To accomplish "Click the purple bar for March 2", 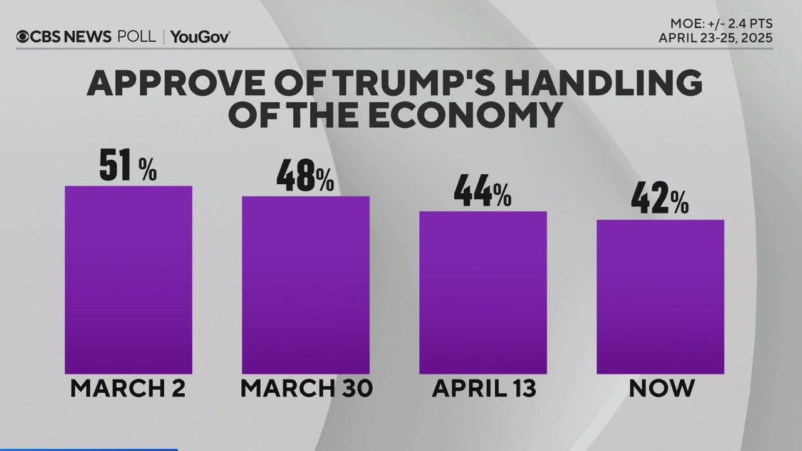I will (128, 280).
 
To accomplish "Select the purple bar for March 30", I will (306, 285).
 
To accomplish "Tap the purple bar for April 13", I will (483, 293).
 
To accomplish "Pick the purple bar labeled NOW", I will (660, 297).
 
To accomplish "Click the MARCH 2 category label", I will (128, 388).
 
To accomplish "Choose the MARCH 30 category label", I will (306, 388).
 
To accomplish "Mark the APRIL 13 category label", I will (484, 388).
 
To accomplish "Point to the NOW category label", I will (662, 388).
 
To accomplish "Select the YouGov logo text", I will (199, 37).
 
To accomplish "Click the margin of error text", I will (721, 24).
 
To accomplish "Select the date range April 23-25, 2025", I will (716, 38).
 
